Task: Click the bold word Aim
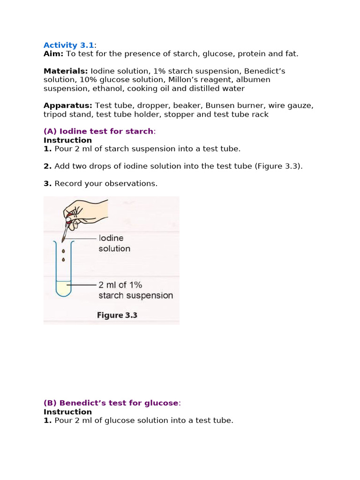(x=53, y=54)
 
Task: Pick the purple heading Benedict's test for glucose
(x=111, y=403)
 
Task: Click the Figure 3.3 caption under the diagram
(x=117, y=315)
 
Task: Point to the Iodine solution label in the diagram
(x=114, y=243)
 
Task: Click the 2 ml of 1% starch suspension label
(x=135, y=290)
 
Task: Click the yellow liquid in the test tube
(x=63, y=287)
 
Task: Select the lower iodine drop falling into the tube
(x=64, y=259)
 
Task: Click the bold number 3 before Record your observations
(x=47, y=184)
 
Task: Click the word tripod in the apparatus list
(x=56, y=114)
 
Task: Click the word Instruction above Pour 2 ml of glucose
(x=67, y=412)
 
